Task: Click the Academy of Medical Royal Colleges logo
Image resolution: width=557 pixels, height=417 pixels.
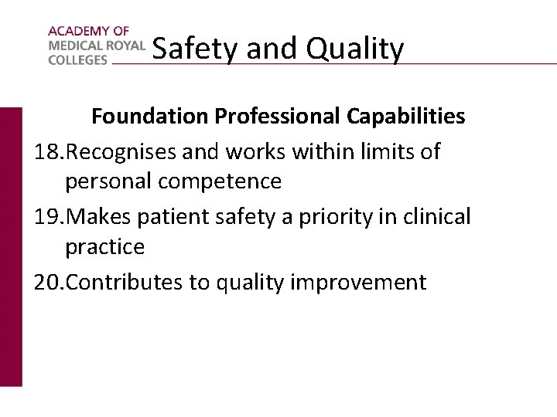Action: point(96,46)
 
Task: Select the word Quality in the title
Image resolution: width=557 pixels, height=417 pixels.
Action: point(355,49)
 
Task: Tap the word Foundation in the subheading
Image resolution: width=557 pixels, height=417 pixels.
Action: point(150,117)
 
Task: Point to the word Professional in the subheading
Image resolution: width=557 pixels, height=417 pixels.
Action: point(275,117)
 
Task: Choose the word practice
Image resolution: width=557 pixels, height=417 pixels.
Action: point(104,247)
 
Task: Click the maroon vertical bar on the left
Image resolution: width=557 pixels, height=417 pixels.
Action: point(11,246)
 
